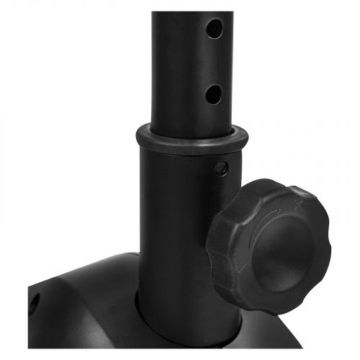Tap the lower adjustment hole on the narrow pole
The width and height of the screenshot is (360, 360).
pos(212,93)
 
